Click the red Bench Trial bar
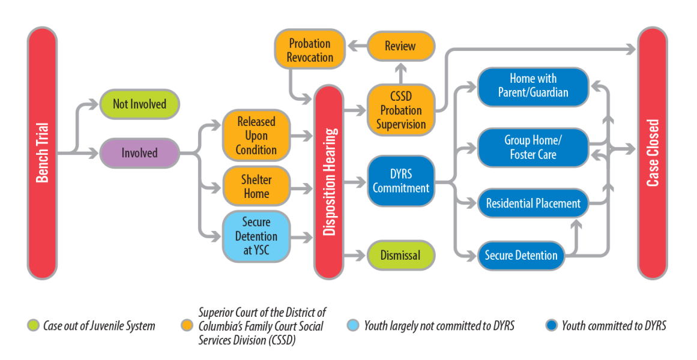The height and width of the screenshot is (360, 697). click(42, 153)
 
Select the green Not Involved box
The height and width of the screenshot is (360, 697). click(139, 104)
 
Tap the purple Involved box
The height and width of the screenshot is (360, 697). click(139, 153)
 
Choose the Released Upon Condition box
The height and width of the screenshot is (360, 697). click(256, 136)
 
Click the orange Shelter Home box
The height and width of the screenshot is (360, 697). click(256, 186)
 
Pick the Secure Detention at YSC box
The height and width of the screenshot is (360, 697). click(256, 236)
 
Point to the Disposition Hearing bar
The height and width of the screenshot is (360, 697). click(329, 182)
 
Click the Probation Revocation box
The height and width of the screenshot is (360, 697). click(310, 49)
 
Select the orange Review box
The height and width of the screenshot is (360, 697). click(400, 46)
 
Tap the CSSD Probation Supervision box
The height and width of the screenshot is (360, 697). click(401, 110)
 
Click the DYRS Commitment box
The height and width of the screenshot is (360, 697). click(401, 181)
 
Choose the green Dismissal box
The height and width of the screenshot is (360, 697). click(400, 256)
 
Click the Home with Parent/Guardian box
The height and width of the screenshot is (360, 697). click(533, 86)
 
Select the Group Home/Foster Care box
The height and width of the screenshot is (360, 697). click(533, 148)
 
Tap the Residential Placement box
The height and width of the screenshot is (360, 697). click(533, 203)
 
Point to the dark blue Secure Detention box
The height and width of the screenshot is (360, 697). click(521, 256)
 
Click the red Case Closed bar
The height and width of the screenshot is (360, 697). click(653, 153)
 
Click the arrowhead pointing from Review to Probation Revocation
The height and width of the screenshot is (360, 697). click(353, 46)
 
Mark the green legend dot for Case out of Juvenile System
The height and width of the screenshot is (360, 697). click(33, 326)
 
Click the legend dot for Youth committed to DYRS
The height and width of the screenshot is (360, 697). click(552, 326)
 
